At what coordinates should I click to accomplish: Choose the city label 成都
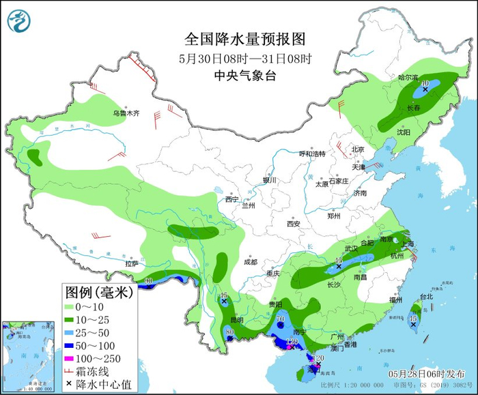[251, 262]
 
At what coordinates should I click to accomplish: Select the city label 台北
[426, 297]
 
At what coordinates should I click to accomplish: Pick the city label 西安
[294, 223]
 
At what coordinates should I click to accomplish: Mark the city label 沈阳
[404, 132]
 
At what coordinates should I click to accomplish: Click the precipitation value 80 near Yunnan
[229, 332]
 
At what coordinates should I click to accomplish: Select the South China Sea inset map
[27, 355]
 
